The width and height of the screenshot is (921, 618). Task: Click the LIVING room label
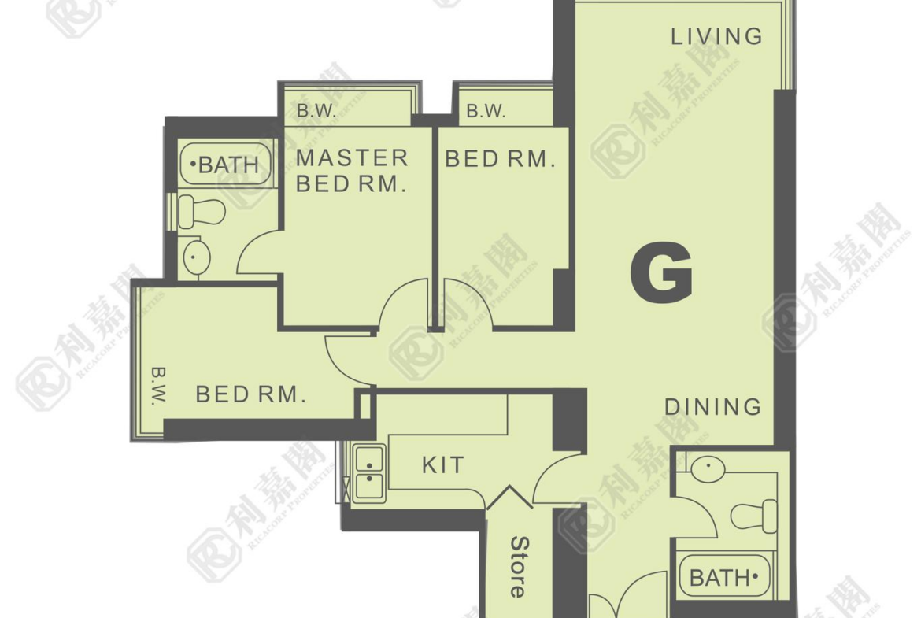click(x=716, y=36)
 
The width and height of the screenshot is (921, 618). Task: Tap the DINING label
click(x=712, y=406)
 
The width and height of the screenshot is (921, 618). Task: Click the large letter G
click(x=661, y=274)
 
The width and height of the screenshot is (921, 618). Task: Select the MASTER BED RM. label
click(x=352, y=170)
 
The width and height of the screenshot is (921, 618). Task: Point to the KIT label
click(x=443, y=465)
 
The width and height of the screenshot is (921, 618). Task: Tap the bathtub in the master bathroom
click(x=226, y=164)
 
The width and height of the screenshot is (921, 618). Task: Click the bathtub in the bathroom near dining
click(x=724, y=577)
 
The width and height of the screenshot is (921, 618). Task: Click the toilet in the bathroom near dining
click(x=754, y=516)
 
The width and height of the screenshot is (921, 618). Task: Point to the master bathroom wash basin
click(x=194, y=256)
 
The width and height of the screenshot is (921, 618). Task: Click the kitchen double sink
click(x=369, y=473)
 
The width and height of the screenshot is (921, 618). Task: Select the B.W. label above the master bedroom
click(x=316, y=110)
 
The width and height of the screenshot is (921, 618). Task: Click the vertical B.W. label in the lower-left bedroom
click(x=158, y=387)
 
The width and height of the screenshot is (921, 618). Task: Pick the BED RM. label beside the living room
click(x=500, y=158)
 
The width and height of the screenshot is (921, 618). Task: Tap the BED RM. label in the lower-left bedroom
click(x=251, y=394)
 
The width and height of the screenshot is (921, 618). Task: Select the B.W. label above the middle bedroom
click(x=486, y=110)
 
